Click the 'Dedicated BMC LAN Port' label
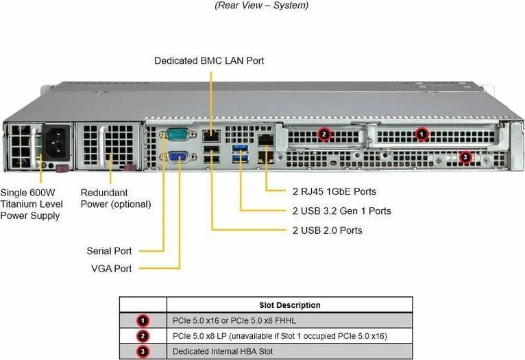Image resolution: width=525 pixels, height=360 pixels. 209,61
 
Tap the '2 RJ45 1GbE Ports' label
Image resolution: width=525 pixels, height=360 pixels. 334,191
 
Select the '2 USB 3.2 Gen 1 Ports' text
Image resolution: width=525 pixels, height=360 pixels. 341,211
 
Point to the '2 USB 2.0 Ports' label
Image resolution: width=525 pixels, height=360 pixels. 327,230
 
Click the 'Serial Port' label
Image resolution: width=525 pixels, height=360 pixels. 110,251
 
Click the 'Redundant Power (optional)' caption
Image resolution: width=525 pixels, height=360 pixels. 115,198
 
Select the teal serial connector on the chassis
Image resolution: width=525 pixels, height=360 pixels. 176,136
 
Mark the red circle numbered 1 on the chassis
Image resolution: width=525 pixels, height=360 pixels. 422,134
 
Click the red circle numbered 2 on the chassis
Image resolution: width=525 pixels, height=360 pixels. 324,134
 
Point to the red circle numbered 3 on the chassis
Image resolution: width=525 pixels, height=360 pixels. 465,157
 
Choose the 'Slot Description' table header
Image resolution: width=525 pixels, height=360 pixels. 289,305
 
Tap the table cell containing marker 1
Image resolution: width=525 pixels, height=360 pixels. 143,320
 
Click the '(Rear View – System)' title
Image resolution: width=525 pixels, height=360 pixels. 262,5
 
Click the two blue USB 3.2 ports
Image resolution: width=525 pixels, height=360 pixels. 239,154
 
